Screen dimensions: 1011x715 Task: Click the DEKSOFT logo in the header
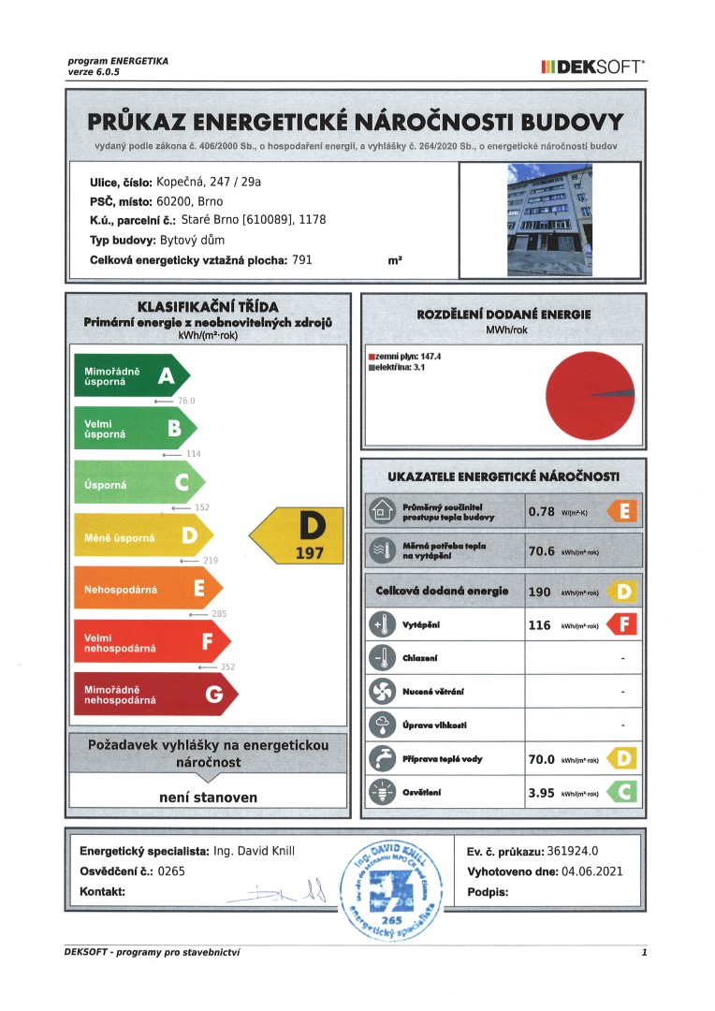[591, 66]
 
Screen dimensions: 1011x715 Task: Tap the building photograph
[549, 219]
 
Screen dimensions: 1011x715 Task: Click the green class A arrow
[132, 376]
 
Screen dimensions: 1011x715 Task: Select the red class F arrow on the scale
[151, 642]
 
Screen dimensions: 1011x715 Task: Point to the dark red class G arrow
[155, 694]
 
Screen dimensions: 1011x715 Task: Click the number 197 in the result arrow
[309, 553]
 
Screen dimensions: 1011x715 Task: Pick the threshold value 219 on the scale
[210, 560]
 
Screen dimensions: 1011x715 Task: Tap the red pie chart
[589, 394]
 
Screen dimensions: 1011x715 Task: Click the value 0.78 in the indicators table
[542, 511]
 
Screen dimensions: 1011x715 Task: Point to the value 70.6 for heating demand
[542, 550]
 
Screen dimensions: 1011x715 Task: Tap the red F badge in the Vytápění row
[622, 624]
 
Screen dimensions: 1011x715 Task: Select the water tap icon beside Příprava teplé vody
[383, 758]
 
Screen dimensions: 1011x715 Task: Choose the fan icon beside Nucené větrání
[383, 692]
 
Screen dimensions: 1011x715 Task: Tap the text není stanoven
[207, 798]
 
